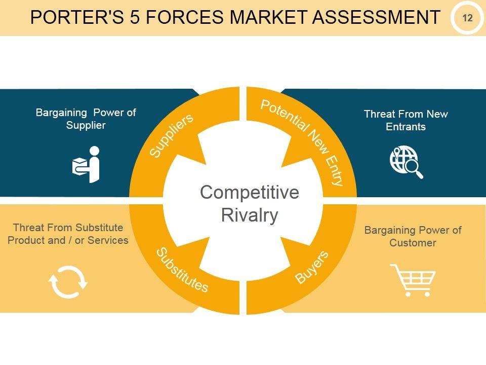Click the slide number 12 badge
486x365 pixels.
(x=467, y=18)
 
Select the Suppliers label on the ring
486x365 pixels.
(x=172, y=135)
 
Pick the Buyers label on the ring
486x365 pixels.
(x=312, y=267)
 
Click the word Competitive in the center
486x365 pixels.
(x=250, y=193)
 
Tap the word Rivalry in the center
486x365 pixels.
(x=250, y=215)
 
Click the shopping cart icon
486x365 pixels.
(x=412, y=279)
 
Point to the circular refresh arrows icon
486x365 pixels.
(x=68, y=282)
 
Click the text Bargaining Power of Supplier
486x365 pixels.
(x=86, y=119)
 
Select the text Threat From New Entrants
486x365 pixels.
(x=406, y=120)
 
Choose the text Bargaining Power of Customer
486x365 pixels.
(x=413, y=236)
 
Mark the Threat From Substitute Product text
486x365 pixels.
(x=68, y=234)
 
